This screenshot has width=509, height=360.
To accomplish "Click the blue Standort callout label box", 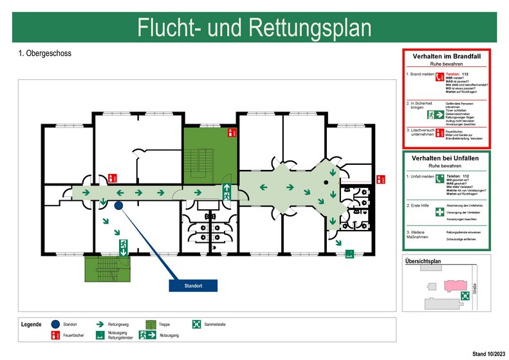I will (x=193, y=285).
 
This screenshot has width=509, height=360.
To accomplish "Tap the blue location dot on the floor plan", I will (x=119, y=206).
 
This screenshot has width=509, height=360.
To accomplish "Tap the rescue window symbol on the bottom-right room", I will (x=349, y=253).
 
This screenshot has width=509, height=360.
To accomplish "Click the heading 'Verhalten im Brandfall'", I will (x=447, y=56).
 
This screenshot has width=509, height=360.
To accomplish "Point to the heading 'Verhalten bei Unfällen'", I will (x=447, y=158).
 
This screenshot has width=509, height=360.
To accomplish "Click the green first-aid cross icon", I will (x=440, y=212).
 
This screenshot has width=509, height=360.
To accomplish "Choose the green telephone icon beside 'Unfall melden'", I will (x=440, y=179).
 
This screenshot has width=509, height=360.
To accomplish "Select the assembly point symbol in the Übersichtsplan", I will (x=464, y=295).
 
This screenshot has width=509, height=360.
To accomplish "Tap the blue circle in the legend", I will (x=55, y=325).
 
